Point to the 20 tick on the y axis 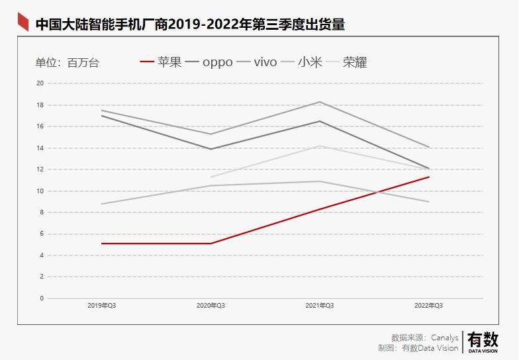click(x=40, y=83)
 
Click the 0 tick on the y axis click(x=42, y=298)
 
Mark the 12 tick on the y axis click(x=40, y=169)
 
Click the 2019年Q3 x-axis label click(x=102, y=306)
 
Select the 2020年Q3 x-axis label click(x=211, y=306)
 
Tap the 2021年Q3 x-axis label click(x=320, y=306)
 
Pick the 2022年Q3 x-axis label click(x=429, y=306)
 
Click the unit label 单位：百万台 click(x=67, y=63)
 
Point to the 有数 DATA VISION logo click(x=483, y=341)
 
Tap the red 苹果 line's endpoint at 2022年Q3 click(x=429, y=177)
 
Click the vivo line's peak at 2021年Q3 click(x=320, y=102)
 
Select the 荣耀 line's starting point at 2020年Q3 click(x=211, y=177)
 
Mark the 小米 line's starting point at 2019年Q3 click(x=102, y=204)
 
